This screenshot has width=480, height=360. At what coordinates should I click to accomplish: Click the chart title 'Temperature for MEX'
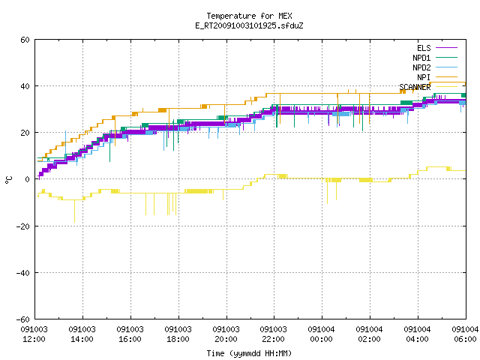click(x=249, y=16)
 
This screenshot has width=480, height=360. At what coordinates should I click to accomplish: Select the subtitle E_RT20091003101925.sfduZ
click(x=249, y=25)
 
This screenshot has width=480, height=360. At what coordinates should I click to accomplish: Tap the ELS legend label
click(x=424, y=48)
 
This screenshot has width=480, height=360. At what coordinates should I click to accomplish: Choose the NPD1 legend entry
click(x=421, y=58)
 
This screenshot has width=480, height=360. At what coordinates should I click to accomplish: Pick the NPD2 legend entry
click(x=421, y=67)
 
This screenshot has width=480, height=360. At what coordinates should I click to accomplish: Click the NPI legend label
click(x=424, y=77)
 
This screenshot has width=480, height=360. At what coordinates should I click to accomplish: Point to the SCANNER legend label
click(x=415, y=87)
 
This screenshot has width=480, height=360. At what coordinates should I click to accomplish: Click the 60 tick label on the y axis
click(x=25, y=40)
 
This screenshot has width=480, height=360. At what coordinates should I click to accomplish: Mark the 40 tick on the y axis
click(x=25, y=86)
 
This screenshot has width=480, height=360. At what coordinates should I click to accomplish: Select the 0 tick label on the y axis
click(x=28, y=179)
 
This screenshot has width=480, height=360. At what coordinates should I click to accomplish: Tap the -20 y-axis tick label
click(x=23, y=226)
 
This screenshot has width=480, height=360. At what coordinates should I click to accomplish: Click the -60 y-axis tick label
click(x=23, y=319)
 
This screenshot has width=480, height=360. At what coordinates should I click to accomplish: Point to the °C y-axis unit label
click(x=8, y=180)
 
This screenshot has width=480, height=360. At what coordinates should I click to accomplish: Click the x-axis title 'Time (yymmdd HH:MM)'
click(x=249, y=353)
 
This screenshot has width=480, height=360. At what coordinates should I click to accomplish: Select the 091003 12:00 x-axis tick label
click(x=34, y=334)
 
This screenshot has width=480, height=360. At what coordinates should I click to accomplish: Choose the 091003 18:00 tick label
click(x=178, y=334)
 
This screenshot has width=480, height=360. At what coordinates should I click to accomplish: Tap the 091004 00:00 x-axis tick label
click(x=321, y=334)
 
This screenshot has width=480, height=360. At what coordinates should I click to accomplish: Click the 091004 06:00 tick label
click(x=465, y=334)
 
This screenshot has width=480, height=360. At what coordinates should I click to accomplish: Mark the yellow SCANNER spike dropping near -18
click(x=74, y=211)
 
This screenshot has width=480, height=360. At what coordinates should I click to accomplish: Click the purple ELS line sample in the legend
click(x=446, y=48)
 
